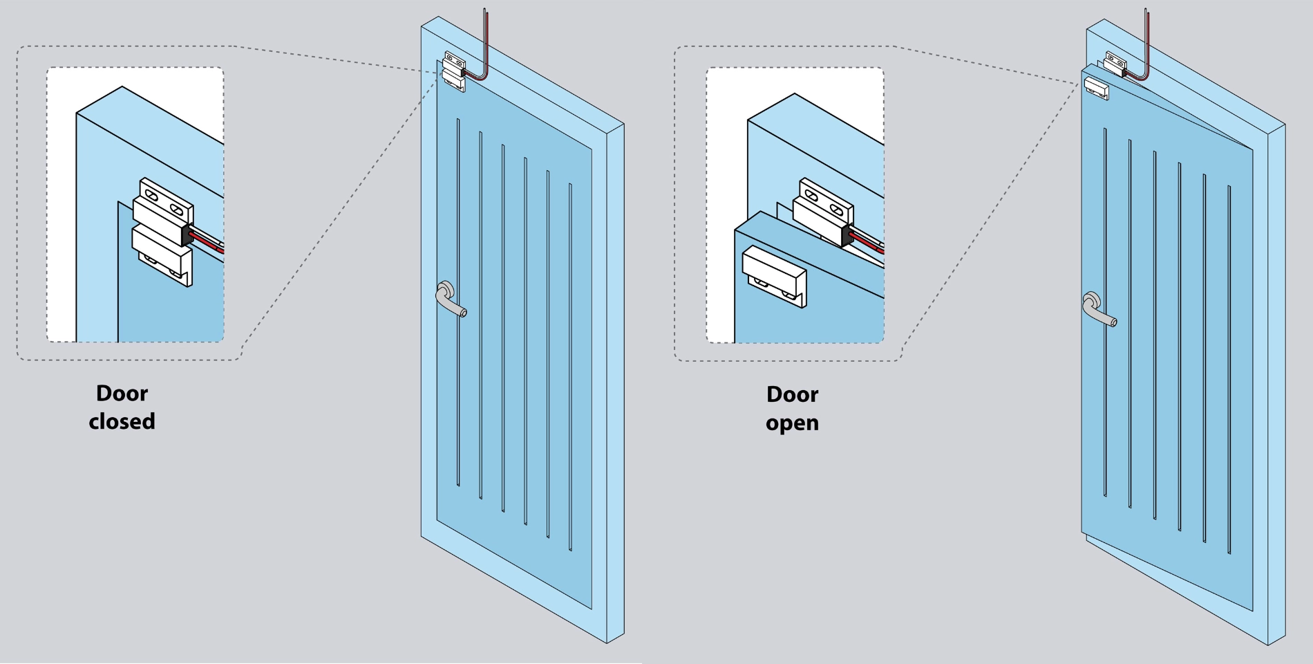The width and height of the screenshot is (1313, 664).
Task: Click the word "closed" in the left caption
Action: pyautogui.click(x=122, y=421)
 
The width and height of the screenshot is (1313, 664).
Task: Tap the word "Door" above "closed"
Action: pyautogui.click(x=122, y=393)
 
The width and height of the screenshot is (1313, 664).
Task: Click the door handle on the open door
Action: pyautogui.click(x=1097, y=309)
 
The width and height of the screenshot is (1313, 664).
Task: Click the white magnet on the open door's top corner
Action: pyautogui.click(x=1096, y=88)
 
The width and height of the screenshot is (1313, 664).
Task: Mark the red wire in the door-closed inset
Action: pyautogui.click(x=207, y=241)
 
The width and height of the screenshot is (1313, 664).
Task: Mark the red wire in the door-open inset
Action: pyautogui.click(x=867, y=241)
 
